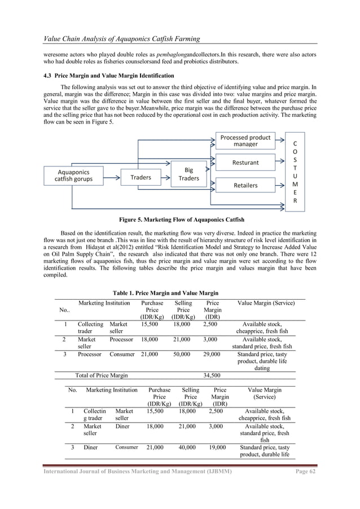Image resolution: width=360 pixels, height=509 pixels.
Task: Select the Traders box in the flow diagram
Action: [141, 177]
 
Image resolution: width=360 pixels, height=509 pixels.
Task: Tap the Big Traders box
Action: [189, 173]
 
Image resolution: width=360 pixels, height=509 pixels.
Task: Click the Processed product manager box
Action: [245, 141]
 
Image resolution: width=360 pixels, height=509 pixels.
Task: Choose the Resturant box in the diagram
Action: [245, 163]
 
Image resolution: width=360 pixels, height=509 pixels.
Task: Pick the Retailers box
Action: [245, 185]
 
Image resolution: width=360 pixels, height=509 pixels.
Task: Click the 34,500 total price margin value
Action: [212, 375]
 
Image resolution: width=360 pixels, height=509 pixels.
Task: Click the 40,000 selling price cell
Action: [190, 447]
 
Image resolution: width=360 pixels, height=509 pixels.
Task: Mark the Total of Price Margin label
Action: [102, 375]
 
